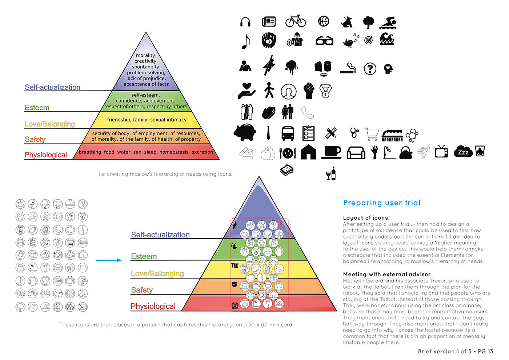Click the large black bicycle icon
[x=295, y=21]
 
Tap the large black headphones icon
[x=245, y=22]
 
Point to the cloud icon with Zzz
[x=463, y=152]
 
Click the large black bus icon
[x=288, y=133]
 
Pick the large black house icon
[x=308, y=152]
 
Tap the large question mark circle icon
[x=370, y=69]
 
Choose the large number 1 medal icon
[x=325, y=91]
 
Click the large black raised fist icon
[x=309, y=91]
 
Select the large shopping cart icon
[x=372, y=133]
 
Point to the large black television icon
[x=441, y=151]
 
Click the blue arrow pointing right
[x=109, y=260]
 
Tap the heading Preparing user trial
[x=382, y=203]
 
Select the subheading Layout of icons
[x=366, y=217]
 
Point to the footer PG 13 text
[x=485, y=351]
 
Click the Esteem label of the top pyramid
[x=37, y=108]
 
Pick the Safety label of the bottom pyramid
[x=142, y=290]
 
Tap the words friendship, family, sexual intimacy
[x=147, y=120]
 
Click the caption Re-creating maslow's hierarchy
[x=165, y=174]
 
